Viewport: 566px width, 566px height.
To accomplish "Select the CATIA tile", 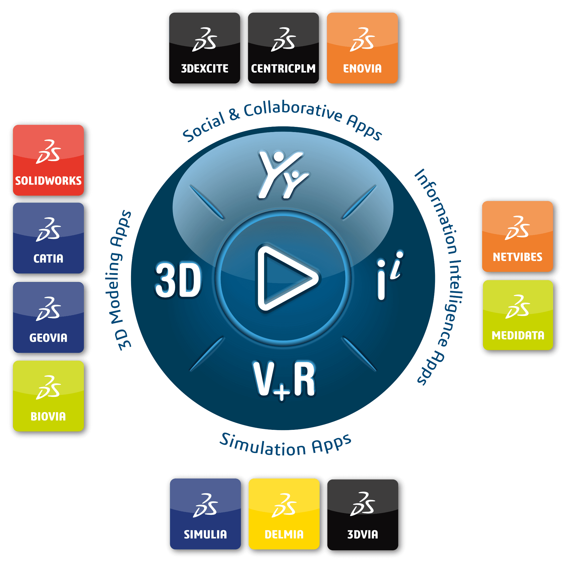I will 48,238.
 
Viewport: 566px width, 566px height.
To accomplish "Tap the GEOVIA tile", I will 48,317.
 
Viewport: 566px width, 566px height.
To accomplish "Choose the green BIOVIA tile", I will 48,396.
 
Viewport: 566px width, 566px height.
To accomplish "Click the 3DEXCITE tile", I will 204,48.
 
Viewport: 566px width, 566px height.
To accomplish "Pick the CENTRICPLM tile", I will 283,48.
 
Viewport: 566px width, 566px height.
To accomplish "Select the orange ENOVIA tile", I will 362,48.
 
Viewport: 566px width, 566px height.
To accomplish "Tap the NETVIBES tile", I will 517,237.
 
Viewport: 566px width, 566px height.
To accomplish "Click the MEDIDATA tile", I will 518,315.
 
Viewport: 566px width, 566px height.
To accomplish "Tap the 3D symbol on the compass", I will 178,280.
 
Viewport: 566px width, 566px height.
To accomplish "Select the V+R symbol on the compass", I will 284,380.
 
